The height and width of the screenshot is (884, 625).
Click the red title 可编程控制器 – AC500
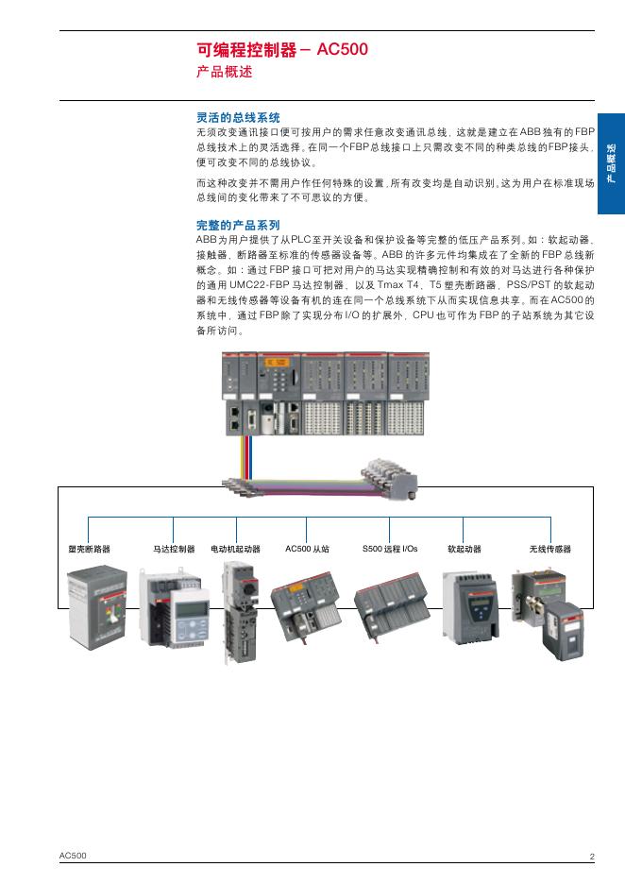point(281,50)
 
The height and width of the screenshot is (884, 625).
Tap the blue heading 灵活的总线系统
point(238,118)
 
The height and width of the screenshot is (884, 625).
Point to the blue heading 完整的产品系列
point(238,226)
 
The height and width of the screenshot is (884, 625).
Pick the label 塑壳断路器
point(89,549)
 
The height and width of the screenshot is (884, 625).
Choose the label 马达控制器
point(174,549)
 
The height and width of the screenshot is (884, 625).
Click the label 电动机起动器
point(235,549)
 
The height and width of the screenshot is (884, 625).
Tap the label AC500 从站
point(307,549)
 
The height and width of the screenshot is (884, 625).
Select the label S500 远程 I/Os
point(390,549)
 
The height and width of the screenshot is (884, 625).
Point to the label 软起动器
point(464,549)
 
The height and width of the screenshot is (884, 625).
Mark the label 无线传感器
point(550,549)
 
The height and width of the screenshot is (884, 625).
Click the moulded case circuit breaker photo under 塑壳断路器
point(98,607)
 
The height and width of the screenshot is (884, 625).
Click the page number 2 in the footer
point(592,857)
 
